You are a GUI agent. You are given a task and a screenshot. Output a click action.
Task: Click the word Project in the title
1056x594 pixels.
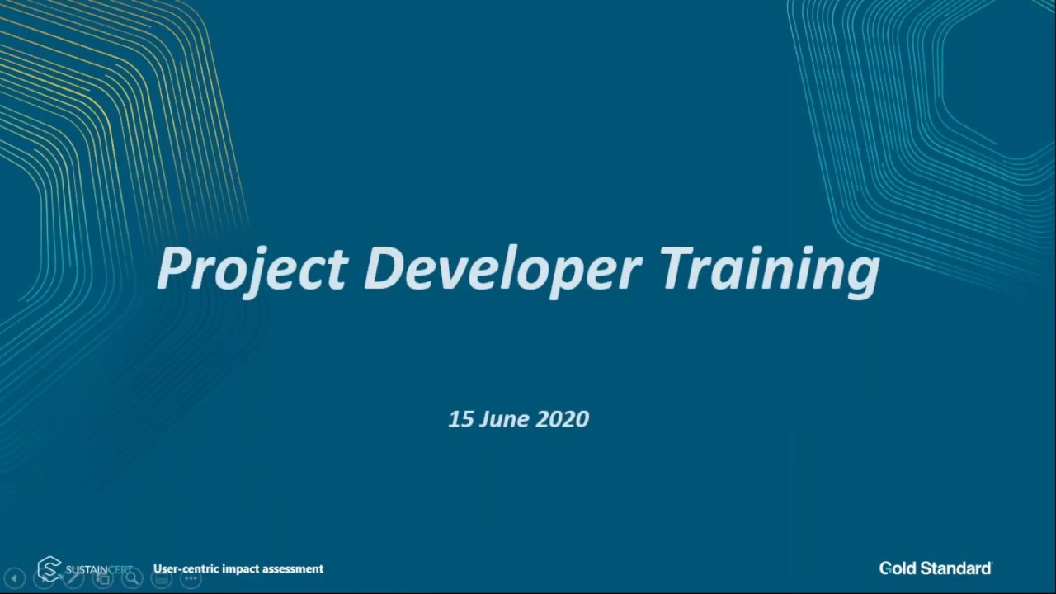252,269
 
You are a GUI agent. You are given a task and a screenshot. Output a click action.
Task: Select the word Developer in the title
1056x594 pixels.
502,269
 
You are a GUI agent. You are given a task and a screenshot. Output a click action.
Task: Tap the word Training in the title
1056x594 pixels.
770,269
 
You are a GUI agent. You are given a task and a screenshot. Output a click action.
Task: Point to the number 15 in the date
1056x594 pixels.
460,419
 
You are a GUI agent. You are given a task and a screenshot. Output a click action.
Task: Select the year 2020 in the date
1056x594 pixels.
563,419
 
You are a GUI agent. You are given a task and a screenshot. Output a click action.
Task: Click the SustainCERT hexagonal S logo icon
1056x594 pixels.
49,568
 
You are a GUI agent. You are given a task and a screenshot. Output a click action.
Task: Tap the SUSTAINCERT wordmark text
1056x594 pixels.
98,569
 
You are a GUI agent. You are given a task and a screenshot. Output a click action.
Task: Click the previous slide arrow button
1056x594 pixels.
14,579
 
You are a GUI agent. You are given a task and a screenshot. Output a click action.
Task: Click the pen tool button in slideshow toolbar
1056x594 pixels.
73,579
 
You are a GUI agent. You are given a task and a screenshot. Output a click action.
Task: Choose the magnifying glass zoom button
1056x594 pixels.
132,579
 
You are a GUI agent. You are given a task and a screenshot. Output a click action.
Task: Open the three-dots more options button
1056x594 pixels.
191,579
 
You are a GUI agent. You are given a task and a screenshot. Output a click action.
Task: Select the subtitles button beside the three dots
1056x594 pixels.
162,579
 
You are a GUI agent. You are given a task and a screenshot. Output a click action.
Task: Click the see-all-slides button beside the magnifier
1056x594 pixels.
103,579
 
